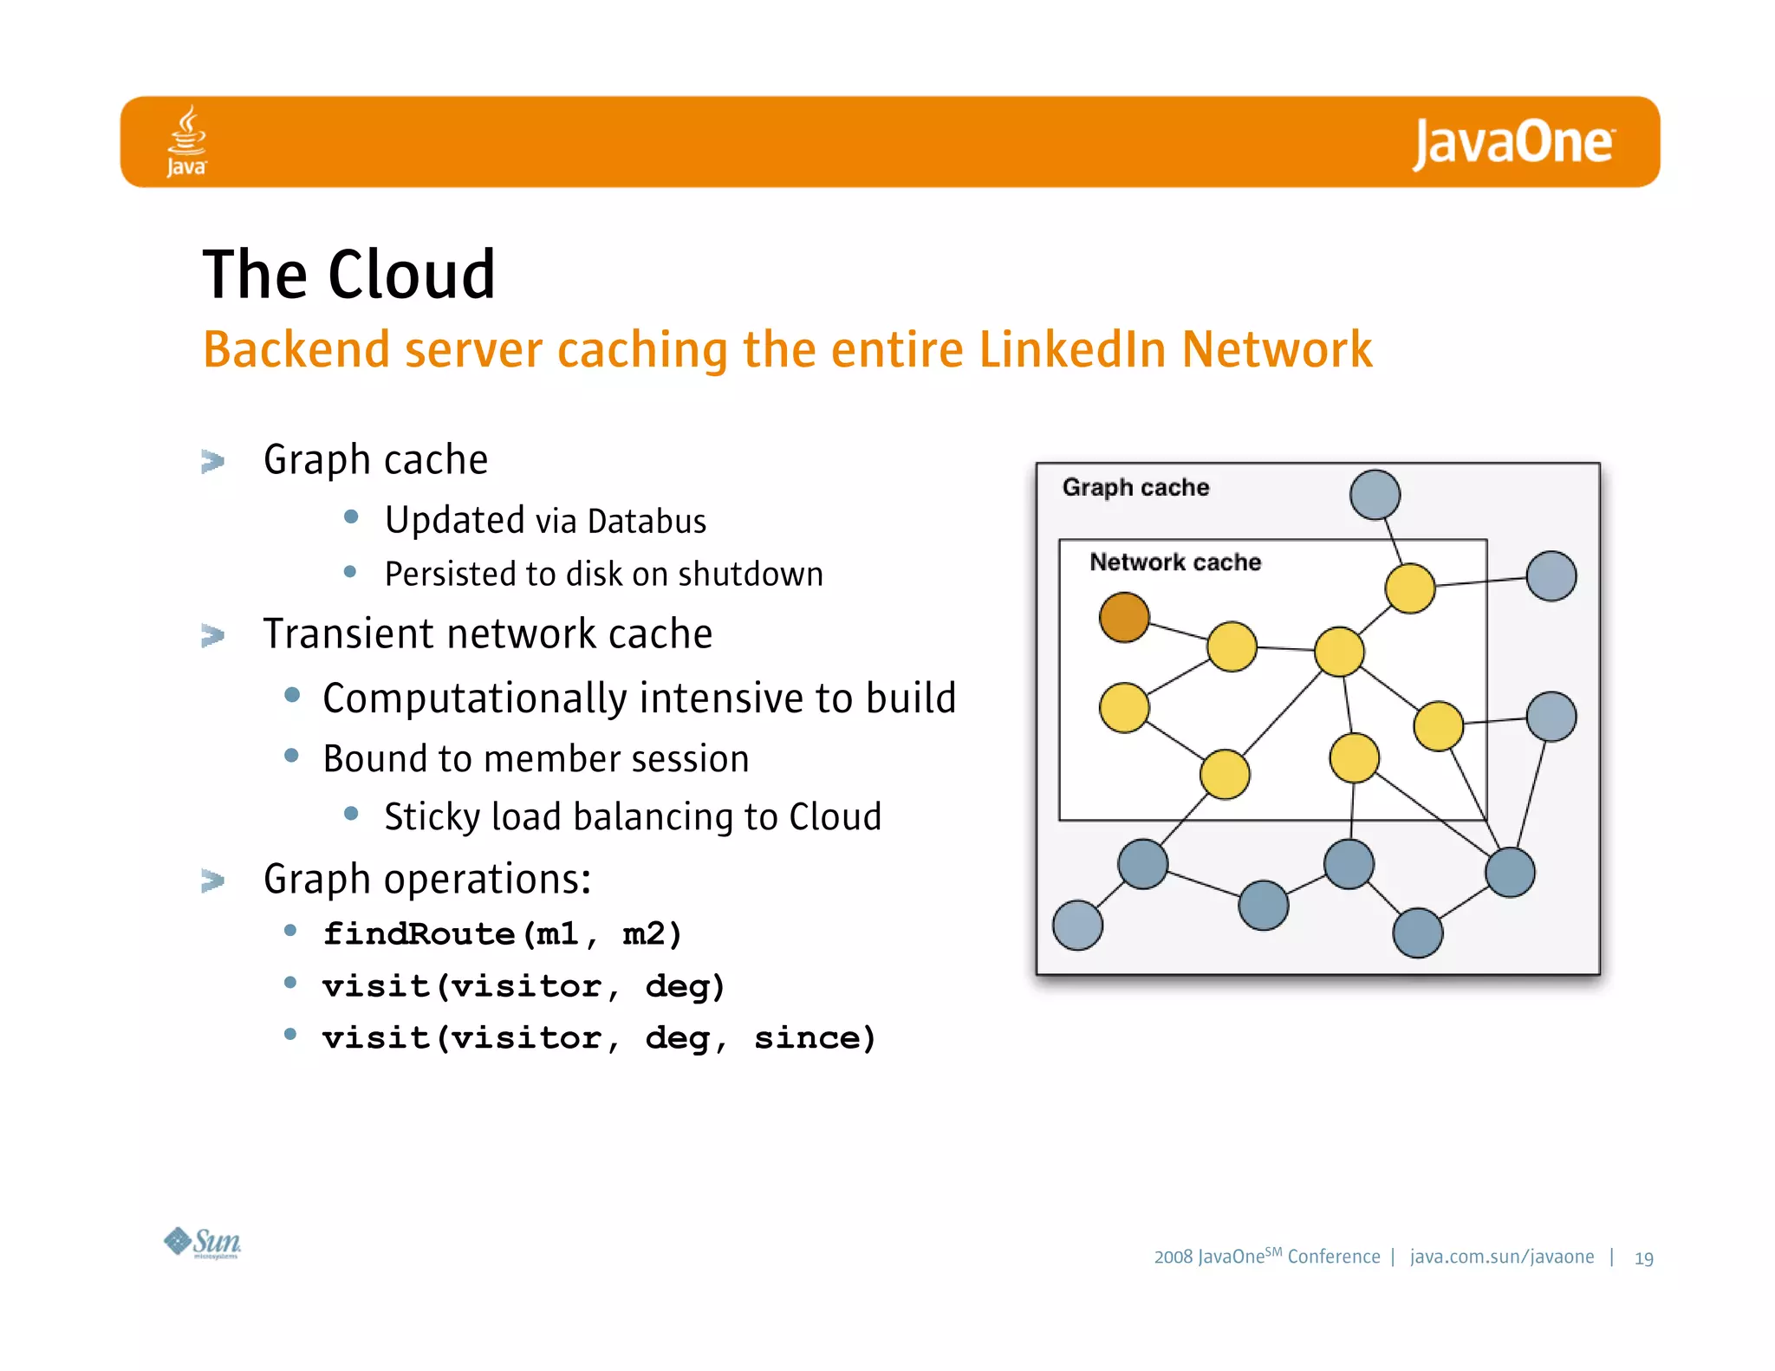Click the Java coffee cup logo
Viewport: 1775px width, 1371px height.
pyautogui.click(x=186, y=140)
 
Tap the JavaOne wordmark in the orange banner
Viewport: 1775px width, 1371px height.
pyautogui.click(x=1513, y=143)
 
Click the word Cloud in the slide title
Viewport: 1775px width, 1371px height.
pyautogui.click(x=411, y=275)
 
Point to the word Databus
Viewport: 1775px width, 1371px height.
pyautogui.click(x=647, y=522)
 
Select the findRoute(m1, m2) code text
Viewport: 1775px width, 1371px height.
pyautogui.click(x=503, y=933)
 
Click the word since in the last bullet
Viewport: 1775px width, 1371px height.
pyautogui.click(x=815, y=1037)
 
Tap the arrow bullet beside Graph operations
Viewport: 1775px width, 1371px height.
pyautogui.click(x=212, y=880)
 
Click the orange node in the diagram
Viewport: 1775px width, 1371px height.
pyautogui.click(x=1124, y=617)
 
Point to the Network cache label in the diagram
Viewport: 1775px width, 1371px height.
pyautogui.click(x=1174, y=562)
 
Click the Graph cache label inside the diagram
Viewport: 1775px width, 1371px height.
pyautogui.click(x=1135, y=487)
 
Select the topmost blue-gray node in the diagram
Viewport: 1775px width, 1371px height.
pyautogui.click(x=1375, y=495)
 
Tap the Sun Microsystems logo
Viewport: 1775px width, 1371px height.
pyautogui.click(x=203, y=1243)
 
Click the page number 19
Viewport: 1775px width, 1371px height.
pyautogui.click(x=1643, y=1258)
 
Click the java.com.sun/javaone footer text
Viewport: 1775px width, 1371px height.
pyautogui.click(x=1501, y=1257)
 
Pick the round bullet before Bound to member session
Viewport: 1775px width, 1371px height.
pyautogui.click(x=292, y=756)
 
